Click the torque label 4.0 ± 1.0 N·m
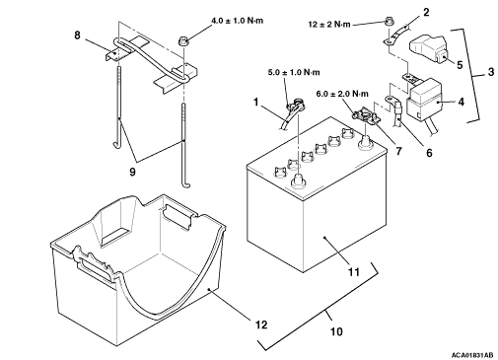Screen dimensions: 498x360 click(x=237, y=21)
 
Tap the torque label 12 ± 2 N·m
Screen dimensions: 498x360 click(x=329, y=25)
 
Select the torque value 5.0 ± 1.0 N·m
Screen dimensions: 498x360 click(x=294, y=72)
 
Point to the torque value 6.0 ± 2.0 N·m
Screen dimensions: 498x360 click(x=342, y=94)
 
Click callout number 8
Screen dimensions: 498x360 click(x=77, y=36)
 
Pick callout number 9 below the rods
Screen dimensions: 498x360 click(x=132, y=172)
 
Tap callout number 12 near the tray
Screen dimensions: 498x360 click(x=261, y=324)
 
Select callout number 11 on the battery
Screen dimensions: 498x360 click(x=354, y=272)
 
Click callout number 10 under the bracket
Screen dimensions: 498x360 click(x=336, y=331)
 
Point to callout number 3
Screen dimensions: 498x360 click(x=491, y=72)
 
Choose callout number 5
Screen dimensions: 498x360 click(x=460, y=65)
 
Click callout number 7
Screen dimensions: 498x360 click(x=398, y=151)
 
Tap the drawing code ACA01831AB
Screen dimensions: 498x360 click(x=472, y=355)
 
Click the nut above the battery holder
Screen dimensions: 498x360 click(x=183, y=41)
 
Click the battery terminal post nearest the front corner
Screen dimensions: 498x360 click(x=298, y=181)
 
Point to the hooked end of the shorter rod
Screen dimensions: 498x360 click(x=116, y=143)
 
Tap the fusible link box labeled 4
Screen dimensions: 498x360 click(x=425, y=99)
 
